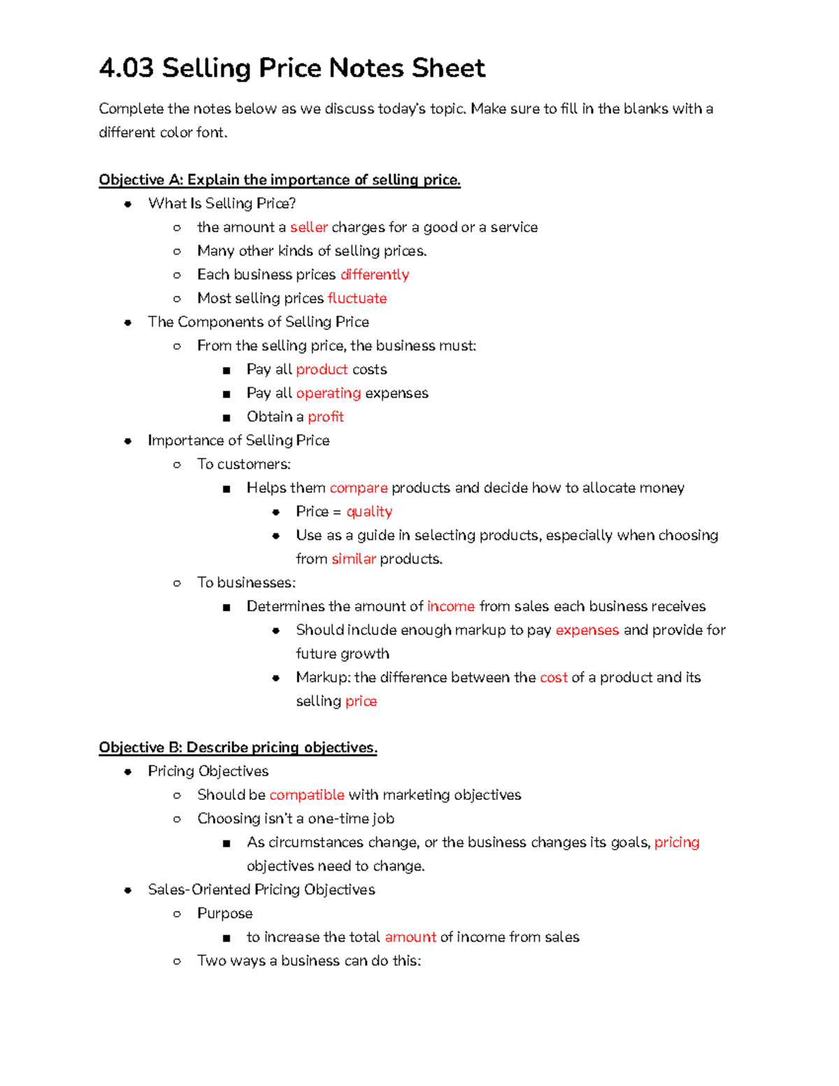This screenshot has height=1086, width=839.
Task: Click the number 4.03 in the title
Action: pyautogui.click(x=127, y=69)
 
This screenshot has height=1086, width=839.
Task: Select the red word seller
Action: pyautogui.click(x=308, y=227)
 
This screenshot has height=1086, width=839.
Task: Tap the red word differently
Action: pyautogui.click(x=374, y=275)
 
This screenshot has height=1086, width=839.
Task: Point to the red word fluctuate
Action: pyautogui.click(x=357, y=299)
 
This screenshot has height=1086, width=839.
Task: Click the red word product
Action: pyautogui.click(x=322, y=369)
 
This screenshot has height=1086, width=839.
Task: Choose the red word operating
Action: pyautogui.click(x=328, y=393)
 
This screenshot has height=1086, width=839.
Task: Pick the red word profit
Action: pyautogui.click(x=326, y=417)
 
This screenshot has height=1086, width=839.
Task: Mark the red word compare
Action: pyautogui.click(x=359, y=488)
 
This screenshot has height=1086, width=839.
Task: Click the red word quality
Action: pyautogui.click(x=369, y=512)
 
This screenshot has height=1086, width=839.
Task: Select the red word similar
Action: pyautogui.click(x=354, y=559)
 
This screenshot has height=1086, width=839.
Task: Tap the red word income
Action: pyautogui.click(x=451, y=606)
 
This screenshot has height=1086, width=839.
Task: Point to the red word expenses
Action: pyautogui.click(x=587, y=630)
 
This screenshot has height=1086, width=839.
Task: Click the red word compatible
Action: pyautogui.click(x=307, y=795)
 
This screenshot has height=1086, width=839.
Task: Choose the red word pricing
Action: pyautogui.click(x=677, y=843)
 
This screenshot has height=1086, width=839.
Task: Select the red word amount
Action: pyautogui.click(x=410, y=937)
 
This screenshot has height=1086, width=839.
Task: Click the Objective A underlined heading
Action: pyautogui.click(x=280, y=180)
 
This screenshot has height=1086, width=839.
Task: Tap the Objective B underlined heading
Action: pyautogui.click(x=238, y=748)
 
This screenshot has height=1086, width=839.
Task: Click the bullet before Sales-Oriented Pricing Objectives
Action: pyautogui.click(x=128, y=890)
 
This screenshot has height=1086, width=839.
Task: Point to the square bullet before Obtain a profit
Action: pyautogui.click(x=227, y=417)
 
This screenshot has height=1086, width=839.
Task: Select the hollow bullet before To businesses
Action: pyautogui.click(x=178, y=583)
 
